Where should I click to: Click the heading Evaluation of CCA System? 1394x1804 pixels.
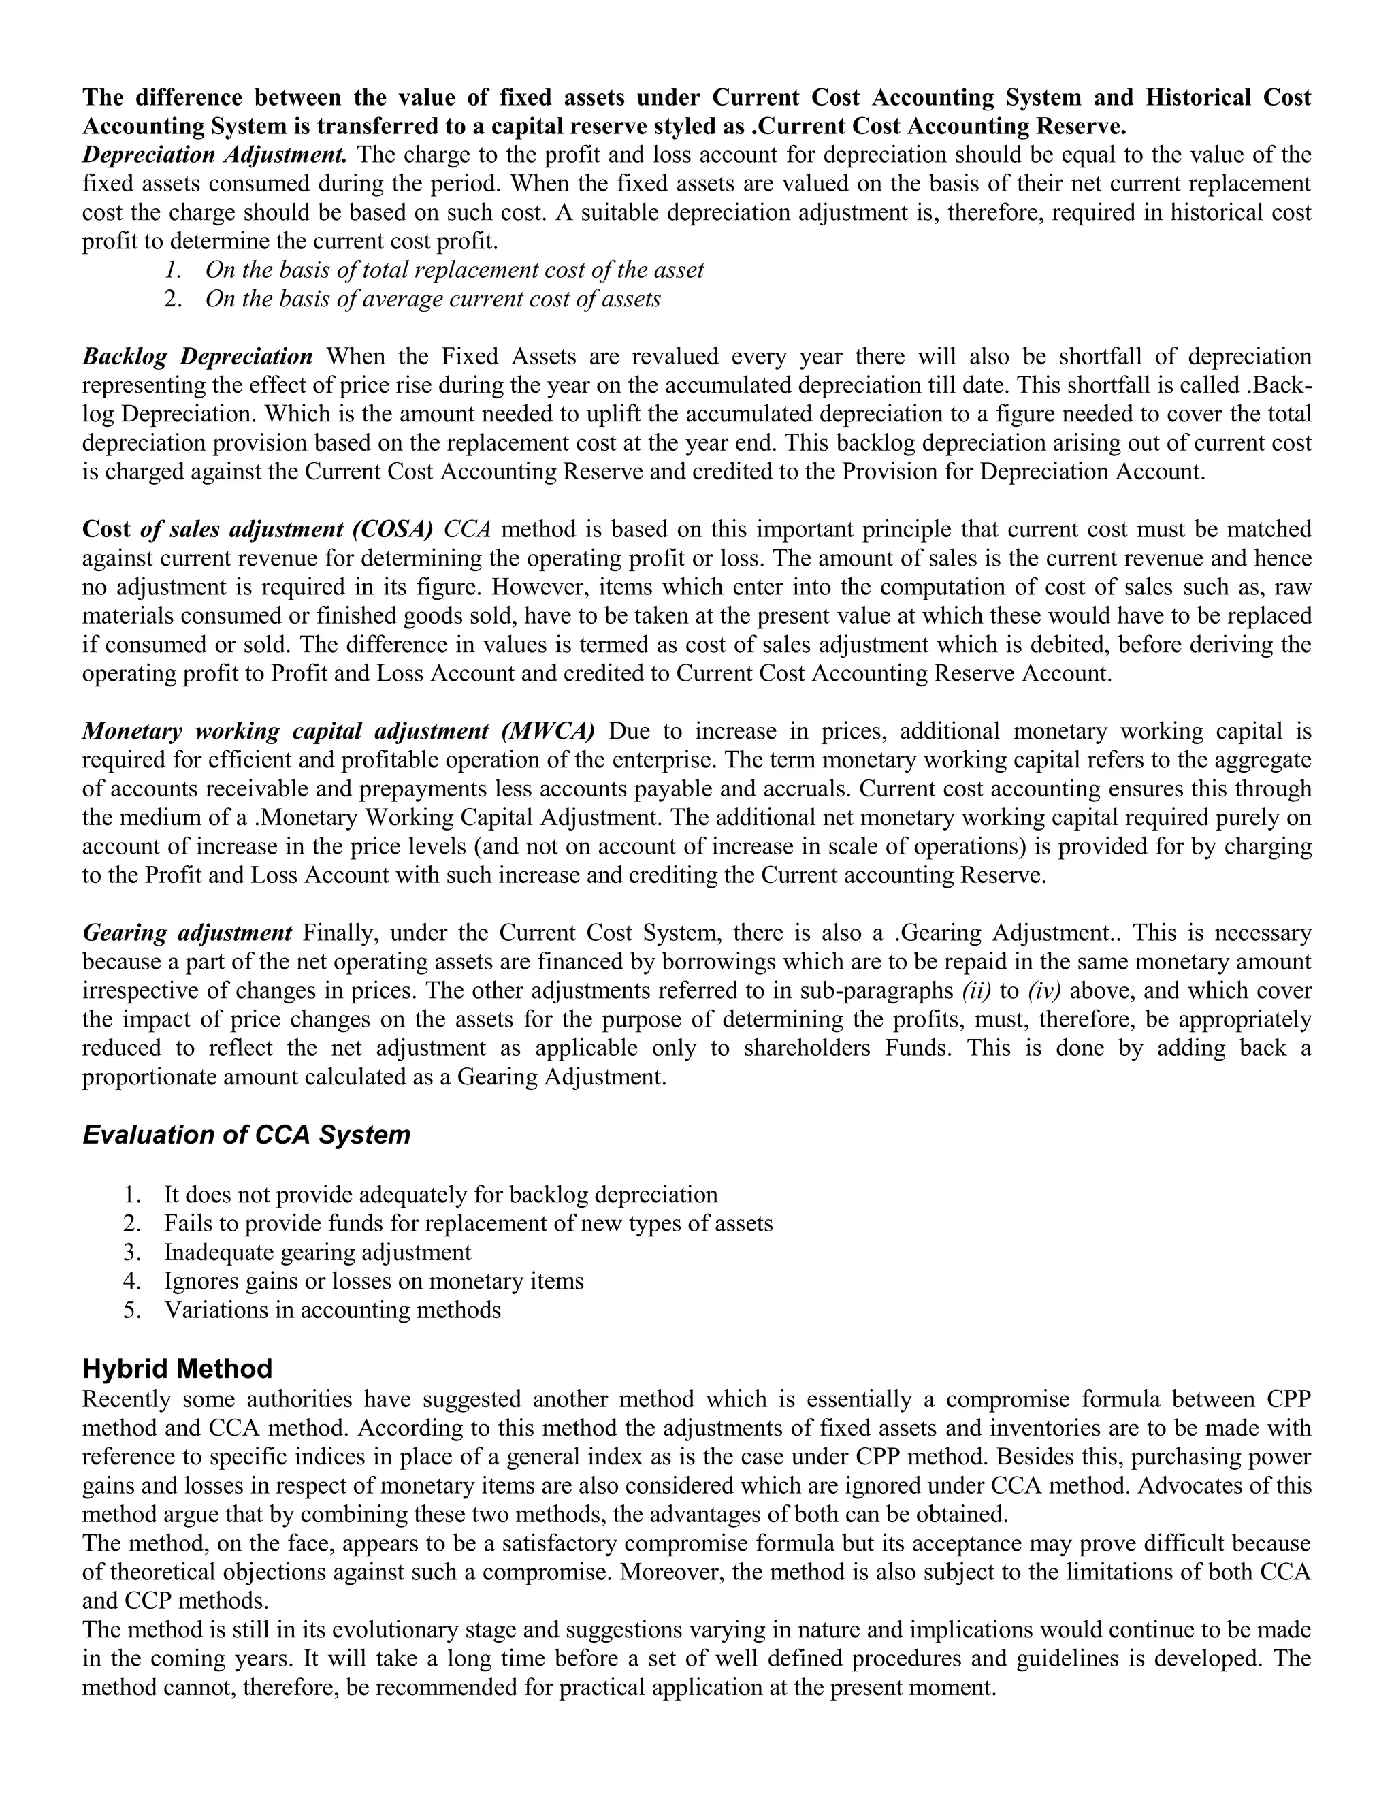tap(246, 1134)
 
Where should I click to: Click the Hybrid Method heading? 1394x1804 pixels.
tap(177, 1369)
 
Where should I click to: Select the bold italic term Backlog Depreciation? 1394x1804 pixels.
tap(197, 357)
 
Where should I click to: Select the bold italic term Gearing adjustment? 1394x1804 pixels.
tap(187, 933)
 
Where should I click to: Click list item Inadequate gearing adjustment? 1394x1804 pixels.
tap(317, 1252)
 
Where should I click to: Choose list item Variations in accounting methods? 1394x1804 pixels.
tap(332, 1310)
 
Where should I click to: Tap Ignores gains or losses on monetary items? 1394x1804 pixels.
tap(373, 1281)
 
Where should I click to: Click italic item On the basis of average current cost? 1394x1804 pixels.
tap(433, 299)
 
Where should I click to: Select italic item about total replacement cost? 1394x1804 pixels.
tap(454, 270)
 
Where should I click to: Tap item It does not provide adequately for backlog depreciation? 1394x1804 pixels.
tap(440, 1195)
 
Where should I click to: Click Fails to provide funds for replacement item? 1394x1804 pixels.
tap(468, 1223)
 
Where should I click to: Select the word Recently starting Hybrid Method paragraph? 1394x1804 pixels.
tap(127, 1399)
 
